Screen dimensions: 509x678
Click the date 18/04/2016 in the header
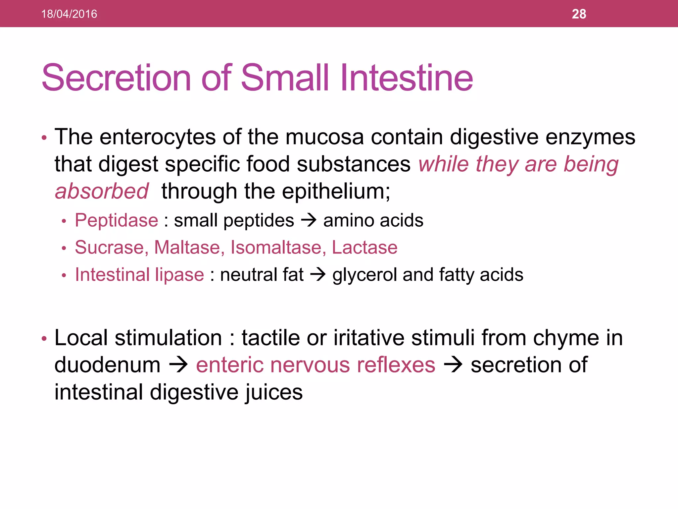coord(69,14)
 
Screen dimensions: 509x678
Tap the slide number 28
coord(579,14)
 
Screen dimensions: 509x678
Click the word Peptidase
coord(117,220)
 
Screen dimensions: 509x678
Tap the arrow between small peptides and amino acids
coord(309,220)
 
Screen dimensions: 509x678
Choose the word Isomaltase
coord(277,248)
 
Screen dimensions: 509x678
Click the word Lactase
coord(364,248)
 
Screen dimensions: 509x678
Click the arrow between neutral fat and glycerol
coord(318,275)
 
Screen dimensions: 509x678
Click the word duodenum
coord(107,365)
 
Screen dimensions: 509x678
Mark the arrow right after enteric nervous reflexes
coord(453,365)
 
